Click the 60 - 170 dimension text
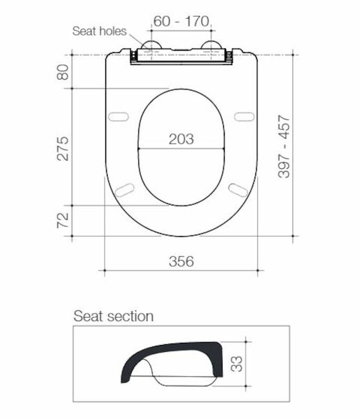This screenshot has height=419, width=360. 181,22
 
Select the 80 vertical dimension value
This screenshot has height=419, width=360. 63,71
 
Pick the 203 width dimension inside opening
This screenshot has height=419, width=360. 181,139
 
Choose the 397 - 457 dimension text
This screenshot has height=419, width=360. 285,147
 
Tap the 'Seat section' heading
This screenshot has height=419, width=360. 114,316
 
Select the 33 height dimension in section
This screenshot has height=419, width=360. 238,363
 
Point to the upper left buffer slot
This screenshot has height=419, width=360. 120,115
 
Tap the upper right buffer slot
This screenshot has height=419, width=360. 243,115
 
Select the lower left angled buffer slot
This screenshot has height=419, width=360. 126,188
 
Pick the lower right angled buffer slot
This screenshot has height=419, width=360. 238,188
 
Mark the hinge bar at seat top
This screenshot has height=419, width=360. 181,60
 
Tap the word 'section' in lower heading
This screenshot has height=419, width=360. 130,316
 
